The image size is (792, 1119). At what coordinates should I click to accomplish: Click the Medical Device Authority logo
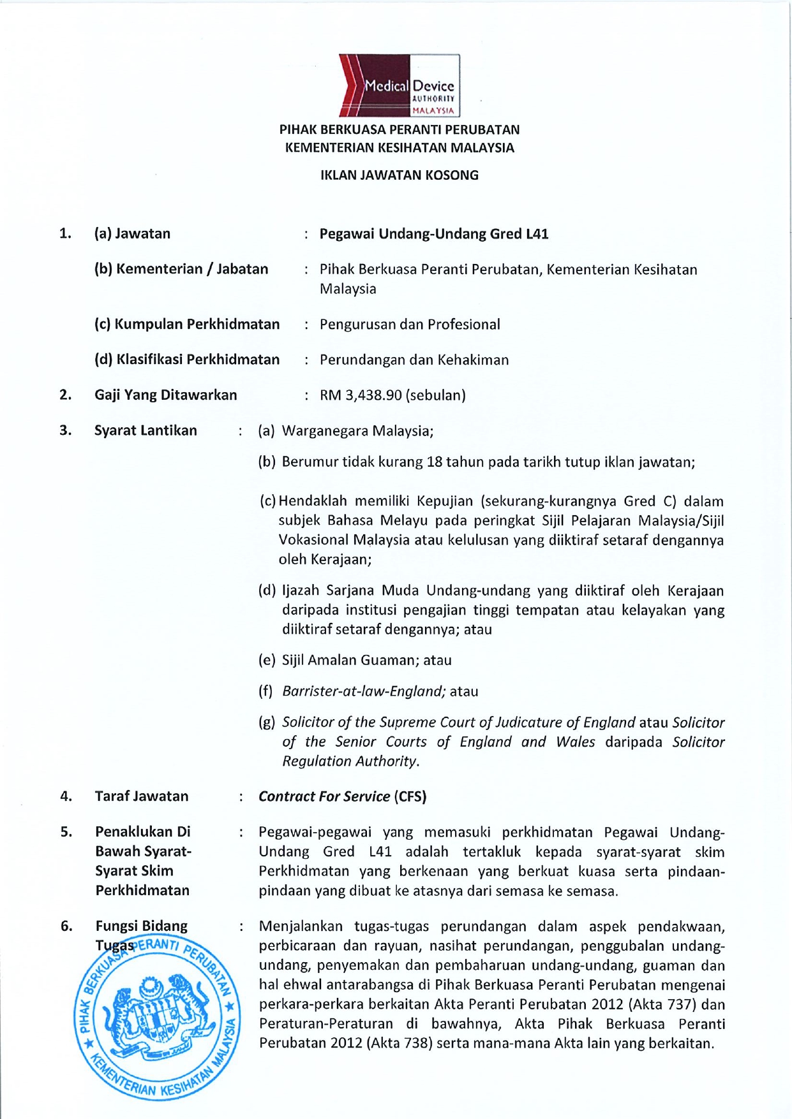[x=399, y=85]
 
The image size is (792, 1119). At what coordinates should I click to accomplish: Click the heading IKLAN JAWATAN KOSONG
[x=399, y=175]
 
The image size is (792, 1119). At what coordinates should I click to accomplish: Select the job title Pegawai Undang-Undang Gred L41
[x=434, y=234]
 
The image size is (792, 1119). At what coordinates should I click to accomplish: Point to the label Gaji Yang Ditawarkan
[x=166, y=395]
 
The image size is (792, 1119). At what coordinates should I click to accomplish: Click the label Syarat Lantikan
[x=146, y=430]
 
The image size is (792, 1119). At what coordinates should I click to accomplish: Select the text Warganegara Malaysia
[x=357, y=431]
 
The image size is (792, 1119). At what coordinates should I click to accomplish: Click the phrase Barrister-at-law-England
[x=363, y=692]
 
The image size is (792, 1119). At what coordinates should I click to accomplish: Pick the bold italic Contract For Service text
[x=324, y=796]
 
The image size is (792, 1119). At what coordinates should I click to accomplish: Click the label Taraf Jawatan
[x=142, y=796]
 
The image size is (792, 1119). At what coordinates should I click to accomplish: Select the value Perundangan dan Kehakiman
[x=414, y=360]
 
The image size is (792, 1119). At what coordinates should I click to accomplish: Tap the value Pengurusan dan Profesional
[x=410, y=325]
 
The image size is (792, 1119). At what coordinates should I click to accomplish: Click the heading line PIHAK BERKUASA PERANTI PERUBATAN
[x=399, y=130]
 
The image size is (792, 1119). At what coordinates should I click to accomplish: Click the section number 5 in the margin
[x=66, y=832]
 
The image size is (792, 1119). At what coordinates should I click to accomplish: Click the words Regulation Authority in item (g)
[x=350, y=761]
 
